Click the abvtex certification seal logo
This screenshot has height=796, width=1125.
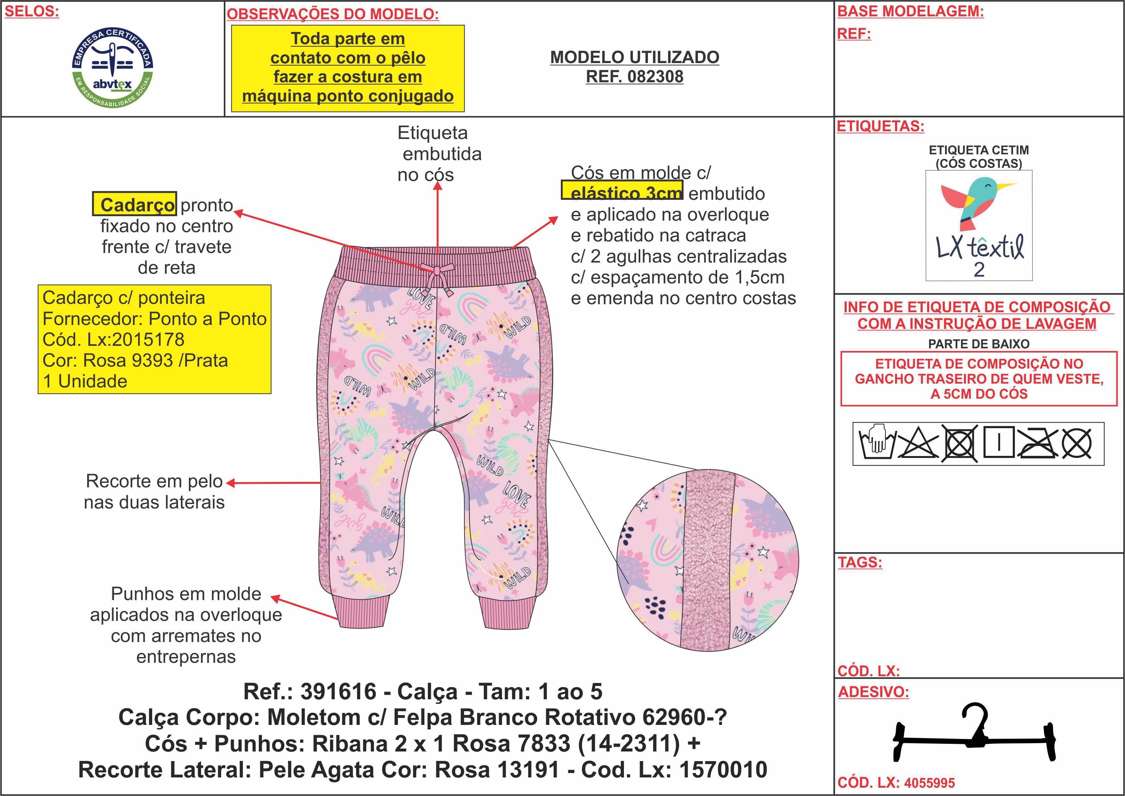[113, 68]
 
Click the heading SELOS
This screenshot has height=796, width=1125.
[32, 12]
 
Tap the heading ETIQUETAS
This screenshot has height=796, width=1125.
[880, 126]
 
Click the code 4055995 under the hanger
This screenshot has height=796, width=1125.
[929, 783]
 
